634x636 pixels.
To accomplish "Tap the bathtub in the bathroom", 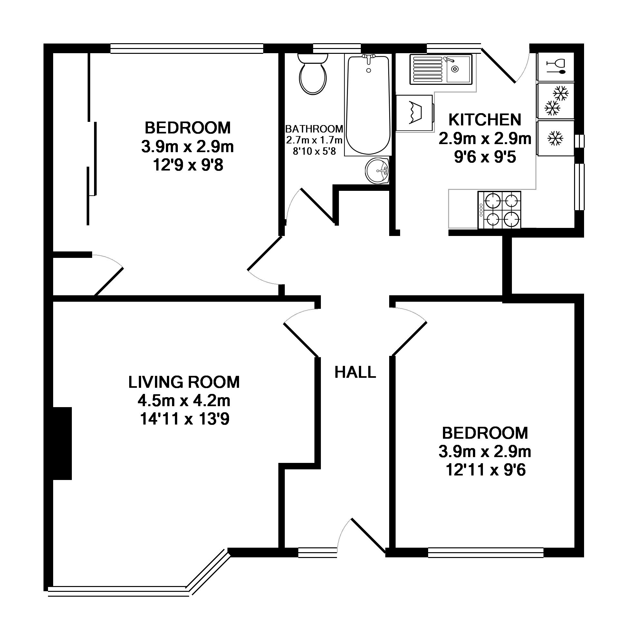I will click(368, 105).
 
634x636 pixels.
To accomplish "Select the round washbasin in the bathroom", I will click(377, 171).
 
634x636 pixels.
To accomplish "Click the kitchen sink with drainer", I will click(441, 69).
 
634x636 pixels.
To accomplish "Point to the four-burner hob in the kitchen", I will click(499, 210).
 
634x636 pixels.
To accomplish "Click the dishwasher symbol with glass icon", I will click(555, 66).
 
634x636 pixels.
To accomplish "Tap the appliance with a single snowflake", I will click(555, 138).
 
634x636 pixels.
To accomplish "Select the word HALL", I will click(355, 373).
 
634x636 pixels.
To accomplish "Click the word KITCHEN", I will click(485, 120).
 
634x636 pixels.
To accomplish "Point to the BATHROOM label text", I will click(314, 129).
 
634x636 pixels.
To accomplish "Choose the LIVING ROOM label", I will click(184, 382).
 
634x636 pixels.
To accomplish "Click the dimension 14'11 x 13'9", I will click(185, 419).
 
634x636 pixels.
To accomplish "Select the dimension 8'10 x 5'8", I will click(314, 152).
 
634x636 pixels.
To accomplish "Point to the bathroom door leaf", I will click(318, 206).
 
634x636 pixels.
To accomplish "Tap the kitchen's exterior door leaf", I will click(498, 65).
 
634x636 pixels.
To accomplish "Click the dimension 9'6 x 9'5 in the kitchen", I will click(485, 157).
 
